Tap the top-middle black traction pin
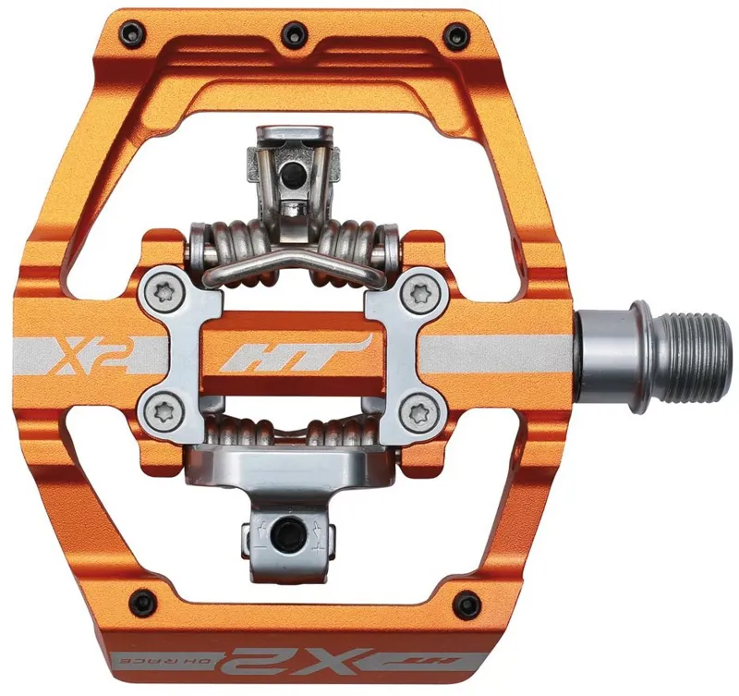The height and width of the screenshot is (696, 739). (293, 32)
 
